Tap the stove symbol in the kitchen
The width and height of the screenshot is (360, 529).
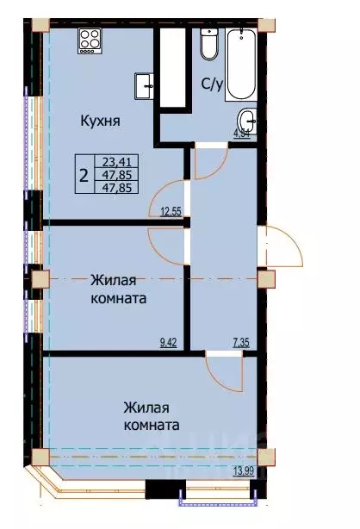click(90, 39)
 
